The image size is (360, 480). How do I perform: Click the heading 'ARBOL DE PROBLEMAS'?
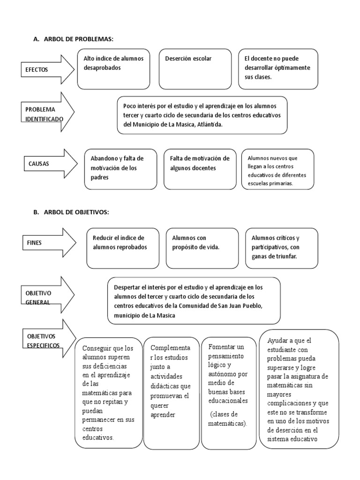click(79, 39)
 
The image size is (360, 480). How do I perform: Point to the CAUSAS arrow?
click(47, 164)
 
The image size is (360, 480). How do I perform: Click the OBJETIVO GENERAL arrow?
click(47, 297)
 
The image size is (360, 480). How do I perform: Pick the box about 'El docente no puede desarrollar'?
click(278, 69)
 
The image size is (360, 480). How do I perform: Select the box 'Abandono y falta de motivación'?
click(120, 169)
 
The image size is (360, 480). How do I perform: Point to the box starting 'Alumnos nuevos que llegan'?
click(277, 169)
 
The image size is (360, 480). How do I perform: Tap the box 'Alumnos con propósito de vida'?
click(202, 247)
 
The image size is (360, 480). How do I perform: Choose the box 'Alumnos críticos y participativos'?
click(282, 247)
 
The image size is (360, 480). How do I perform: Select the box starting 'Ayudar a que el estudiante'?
click(299, 389)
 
